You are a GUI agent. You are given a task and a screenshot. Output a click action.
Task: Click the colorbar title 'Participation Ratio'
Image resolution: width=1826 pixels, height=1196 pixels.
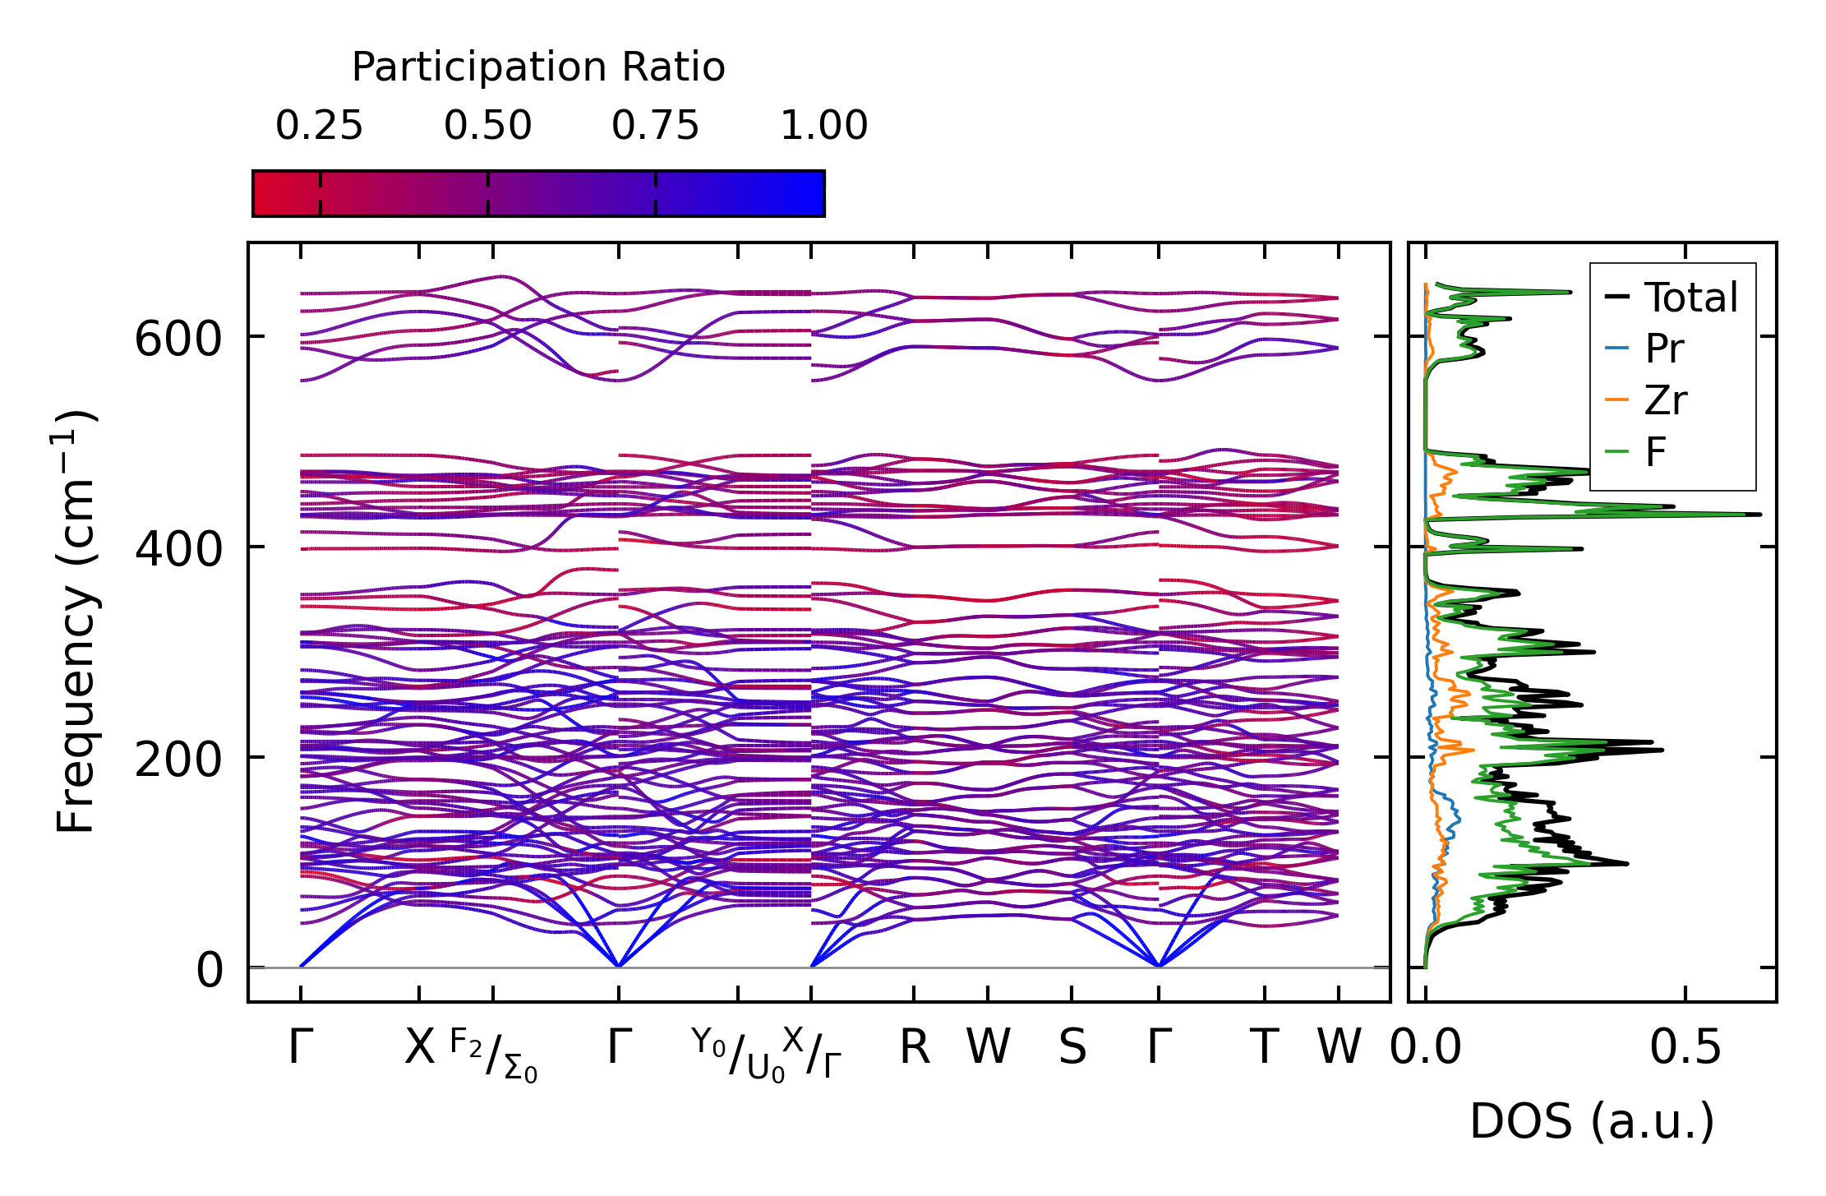point(538,67)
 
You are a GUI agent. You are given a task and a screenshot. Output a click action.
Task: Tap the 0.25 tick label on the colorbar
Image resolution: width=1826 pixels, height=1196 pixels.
point(319,126)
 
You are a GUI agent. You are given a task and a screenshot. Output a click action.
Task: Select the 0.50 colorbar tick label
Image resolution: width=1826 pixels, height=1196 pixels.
point(488,126)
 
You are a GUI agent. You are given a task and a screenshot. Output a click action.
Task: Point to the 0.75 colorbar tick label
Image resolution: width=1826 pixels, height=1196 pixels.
point(655,126)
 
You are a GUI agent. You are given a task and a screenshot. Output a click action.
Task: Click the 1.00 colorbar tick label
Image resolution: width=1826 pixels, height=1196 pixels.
point(823,126)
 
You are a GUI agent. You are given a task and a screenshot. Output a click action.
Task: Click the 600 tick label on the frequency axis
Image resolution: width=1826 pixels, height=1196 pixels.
point(178,338)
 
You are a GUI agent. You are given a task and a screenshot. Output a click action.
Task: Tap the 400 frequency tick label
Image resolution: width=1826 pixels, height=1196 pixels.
point(178,548)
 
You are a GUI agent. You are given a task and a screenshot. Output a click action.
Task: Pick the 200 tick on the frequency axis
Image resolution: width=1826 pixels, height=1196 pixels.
point(178,759)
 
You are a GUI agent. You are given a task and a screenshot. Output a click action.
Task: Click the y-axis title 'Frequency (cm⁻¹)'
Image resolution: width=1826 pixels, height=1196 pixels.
point(76,621)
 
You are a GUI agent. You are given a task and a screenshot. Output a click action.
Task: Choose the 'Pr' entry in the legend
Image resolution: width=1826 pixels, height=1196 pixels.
point(1664,349)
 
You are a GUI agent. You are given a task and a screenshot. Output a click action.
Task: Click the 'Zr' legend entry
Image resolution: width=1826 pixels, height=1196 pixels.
point(1666,400)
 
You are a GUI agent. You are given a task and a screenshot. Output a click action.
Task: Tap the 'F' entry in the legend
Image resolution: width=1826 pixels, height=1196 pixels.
point(1655,452)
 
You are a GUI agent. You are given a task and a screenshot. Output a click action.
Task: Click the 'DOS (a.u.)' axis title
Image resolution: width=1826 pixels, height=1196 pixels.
point(1592,1121)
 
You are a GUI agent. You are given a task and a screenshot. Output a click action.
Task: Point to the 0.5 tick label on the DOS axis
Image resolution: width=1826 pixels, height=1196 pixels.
point(1685,1048)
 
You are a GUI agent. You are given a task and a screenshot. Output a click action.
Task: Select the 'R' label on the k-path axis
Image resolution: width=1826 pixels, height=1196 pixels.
point(914,1048)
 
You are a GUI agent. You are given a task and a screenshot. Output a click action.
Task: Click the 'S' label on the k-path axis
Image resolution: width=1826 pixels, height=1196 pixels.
point(1072,1048)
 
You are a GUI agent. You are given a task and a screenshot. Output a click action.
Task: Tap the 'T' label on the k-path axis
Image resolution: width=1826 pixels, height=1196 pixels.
point(1264,1048)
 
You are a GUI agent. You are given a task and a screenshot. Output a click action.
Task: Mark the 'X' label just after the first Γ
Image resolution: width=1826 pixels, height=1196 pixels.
point(419,1048)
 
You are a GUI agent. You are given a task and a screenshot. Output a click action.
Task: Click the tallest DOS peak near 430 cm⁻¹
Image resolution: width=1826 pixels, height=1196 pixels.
point(1757,515)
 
